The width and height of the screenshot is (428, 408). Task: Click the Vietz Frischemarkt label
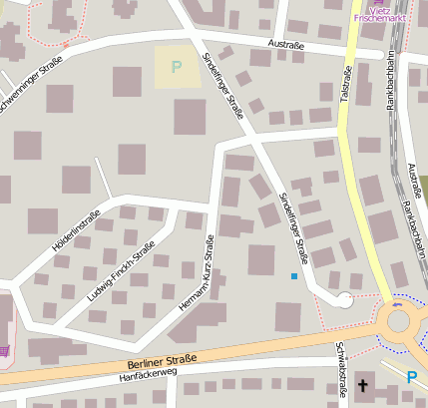pyautogui.click(x=379, y=13)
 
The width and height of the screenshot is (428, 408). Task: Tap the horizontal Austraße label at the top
pyautogui.click(x=285, y=44)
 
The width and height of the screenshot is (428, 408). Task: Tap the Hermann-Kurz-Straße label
pyautogui.click(x=197, y=275)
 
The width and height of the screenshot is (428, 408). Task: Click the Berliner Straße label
pyautogui.click(x=163, y=360)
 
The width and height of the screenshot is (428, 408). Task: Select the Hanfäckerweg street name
pyautogui.click(x=147, y=375)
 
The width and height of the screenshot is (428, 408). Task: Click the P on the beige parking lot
pyautogui.click(x=178, y=68)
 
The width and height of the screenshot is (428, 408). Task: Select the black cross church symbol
pyautogui.click(x=363, y=385)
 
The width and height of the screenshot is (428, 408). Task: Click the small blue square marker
pyautogui.click(x=293, y=275)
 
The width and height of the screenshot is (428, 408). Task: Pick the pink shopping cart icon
pyautogui.click(x=5, y=350)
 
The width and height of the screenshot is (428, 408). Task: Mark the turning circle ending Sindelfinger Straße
pyautogui.click(x=342, y=298)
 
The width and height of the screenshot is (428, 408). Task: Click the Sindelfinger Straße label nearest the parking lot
pyautogui.click(x=222, y=87)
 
